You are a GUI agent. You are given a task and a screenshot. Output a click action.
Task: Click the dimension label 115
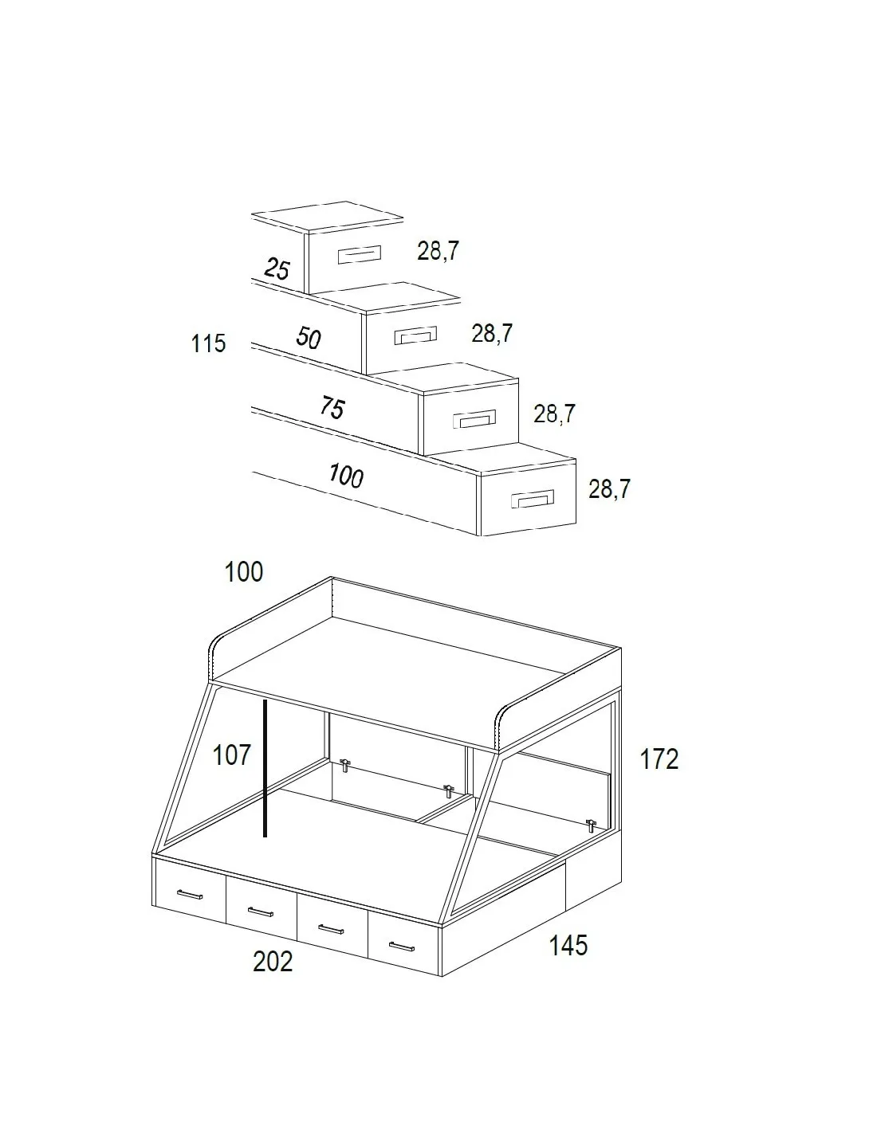click(x=208, y=343)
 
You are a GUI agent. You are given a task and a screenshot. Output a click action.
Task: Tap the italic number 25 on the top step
click(x=277, y=269)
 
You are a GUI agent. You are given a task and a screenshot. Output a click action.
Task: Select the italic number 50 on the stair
click(x=309, y=338)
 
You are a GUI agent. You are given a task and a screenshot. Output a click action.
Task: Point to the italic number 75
click(x=332, y=407)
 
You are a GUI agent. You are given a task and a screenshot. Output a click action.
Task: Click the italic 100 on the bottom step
click(x=346, y=476)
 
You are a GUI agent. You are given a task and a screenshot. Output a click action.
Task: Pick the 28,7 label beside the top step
click(x=438, y=251)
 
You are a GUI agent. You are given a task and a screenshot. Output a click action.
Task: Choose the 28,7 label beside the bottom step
click(x=609, y=489)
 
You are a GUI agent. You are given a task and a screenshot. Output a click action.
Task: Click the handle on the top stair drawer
click(x=359, y=255)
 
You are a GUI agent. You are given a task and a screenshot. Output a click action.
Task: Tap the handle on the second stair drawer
click(x=415, y=335)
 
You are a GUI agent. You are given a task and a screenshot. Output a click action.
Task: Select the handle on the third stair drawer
click(x=474, y=419)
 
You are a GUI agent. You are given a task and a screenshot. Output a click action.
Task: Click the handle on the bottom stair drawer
click(x=532, y=499)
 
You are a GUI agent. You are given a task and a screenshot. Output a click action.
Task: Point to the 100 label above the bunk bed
click(x=244, y=572)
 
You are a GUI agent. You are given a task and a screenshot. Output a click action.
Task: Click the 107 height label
click(x=232, y=755)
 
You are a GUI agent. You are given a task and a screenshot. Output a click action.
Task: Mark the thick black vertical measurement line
click(x=265, y=768)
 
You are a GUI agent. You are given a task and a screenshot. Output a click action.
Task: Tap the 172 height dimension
click(x=659, y=759)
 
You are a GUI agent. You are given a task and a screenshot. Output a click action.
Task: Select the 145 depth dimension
click(x=568, y=945)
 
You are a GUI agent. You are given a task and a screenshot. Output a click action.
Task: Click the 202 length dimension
click(x=273, y=962)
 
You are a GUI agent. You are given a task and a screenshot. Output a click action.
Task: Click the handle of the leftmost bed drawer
click(x=190, y=895)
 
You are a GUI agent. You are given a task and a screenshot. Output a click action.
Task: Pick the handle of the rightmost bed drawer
click(x=401, y=947)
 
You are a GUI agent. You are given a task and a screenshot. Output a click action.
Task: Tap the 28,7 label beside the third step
click(x=554, y=414)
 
